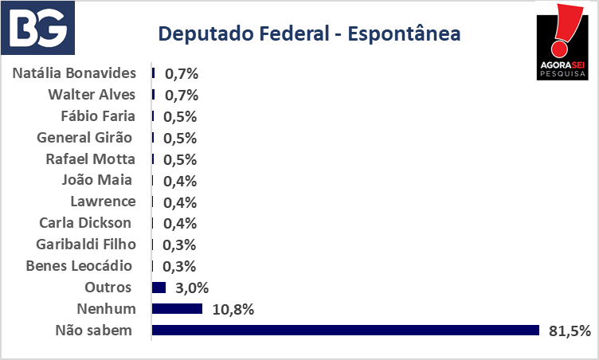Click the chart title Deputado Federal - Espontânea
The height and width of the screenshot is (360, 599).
point(309,33)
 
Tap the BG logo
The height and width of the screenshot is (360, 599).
point(37,28)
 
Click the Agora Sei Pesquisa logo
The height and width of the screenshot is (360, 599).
point(562,41)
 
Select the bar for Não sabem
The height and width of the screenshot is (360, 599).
point(346,331)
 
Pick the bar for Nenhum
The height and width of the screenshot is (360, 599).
point(177,308)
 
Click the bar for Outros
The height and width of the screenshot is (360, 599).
point(159,288)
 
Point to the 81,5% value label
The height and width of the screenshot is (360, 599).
point(570,331)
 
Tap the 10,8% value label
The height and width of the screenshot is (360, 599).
point(233,309)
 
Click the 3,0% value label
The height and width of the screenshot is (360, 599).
point(192,288)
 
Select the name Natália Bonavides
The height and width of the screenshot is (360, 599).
point(74,73)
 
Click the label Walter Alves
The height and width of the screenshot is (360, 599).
point(92,95)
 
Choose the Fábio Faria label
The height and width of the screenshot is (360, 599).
point(98,115)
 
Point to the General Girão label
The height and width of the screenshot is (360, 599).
point(84,137)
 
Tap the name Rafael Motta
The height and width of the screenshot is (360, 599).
point(91,159)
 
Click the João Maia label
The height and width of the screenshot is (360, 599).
point(97,180)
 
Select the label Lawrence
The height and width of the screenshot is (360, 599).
point(103,202)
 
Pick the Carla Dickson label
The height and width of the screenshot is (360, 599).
point(85,223)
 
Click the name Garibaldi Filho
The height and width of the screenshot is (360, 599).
point(86,245)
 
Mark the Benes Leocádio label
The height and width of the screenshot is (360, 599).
point(79,265)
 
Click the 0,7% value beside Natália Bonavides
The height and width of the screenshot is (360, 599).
point(182,74)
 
